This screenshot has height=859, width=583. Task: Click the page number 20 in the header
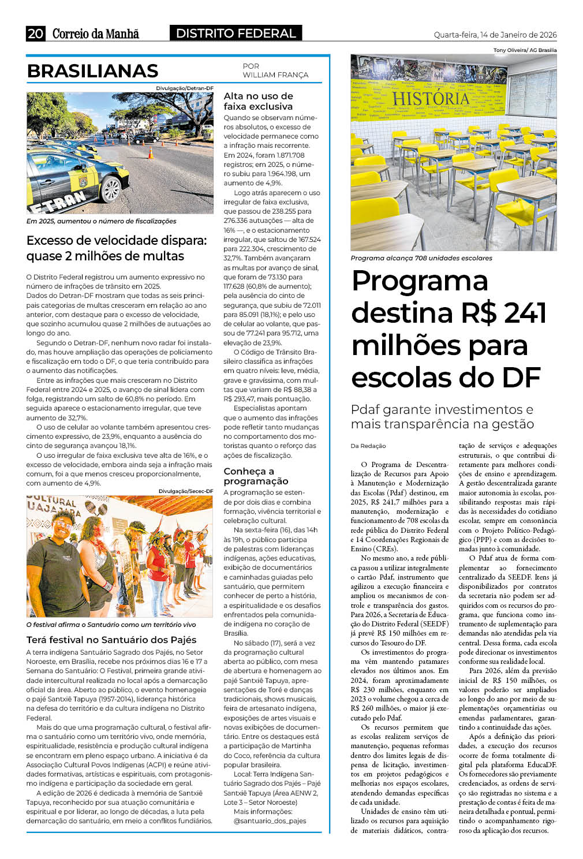35,33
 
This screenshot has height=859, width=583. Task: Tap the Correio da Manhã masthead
96,34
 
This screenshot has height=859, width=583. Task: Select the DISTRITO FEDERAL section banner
236,33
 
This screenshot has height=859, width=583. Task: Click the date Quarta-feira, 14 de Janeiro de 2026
495,35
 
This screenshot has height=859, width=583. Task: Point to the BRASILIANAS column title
92,71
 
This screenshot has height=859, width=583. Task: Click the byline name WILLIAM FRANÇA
275,75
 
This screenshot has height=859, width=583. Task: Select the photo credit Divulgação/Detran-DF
184,88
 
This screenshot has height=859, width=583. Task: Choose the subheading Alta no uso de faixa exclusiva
259,101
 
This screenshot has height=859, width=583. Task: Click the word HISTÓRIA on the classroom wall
431,99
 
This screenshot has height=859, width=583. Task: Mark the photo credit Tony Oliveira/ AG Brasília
525,50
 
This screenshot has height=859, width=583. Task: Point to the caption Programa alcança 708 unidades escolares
421,258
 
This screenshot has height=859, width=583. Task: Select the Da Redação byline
368,446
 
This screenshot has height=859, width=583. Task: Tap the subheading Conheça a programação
256,476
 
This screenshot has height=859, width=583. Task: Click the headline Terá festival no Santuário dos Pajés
111,640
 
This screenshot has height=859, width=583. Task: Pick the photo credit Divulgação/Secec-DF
185,491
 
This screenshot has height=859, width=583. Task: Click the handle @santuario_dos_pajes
270,820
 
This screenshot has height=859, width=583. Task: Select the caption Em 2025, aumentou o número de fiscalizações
102,221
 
